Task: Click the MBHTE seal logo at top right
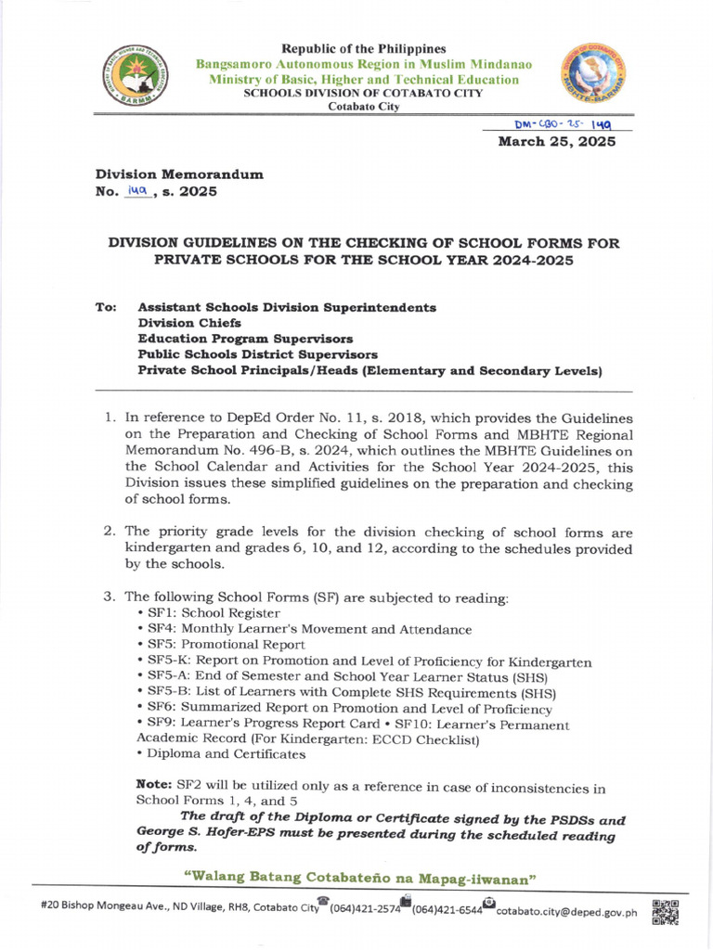click(x=590, y=79)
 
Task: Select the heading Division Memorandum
click(x=179, y=173)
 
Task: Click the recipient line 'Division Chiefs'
click(x=189, y=323)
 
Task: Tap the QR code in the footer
click(x=666, y=913)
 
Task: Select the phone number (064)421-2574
click(x=363, y=912)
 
